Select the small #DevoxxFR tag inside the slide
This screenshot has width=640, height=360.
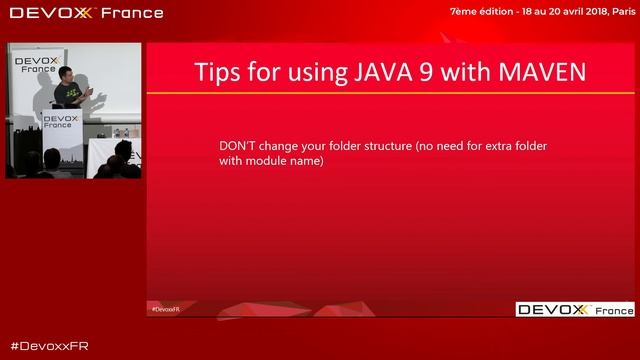(165, 310)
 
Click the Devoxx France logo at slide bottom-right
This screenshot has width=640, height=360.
(575, 310)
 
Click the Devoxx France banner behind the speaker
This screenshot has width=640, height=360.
(35, 62)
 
